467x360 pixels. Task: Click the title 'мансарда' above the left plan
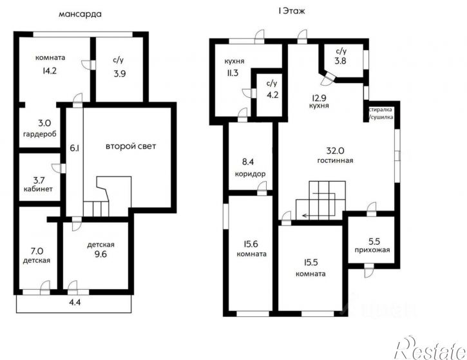(80, 14)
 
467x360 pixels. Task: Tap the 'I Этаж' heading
(292, 12)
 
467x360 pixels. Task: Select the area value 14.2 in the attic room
(50, 71)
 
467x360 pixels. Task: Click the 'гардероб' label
(40, 134)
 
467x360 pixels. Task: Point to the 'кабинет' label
(38, 189)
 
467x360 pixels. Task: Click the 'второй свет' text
(131, 146)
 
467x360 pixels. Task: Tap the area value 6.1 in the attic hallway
(75, 147)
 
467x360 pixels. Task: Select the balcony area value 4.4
(75, 302)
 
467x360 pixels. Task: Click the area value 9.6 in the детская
(100, 254)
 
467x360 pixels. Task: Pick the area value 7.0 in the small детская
(37, 251)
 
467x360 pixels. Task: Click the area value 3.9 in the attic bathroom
(120, 73)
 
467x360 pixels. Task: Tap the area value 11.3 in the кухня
(233, 73)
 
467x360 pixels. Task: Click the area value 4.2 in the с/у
(272, 95)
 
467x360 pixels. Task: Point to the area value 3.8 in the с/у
(340, 61)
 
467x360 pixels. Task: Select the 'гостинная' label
(335, 160)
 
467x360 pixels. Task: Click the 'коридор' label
(250, 174)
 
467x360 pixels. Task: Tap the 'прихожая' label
(372, 250)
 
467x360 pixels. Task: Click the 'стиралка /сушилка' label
(381, 113)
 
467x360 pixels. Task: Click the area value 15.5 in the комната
(310, 263)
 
